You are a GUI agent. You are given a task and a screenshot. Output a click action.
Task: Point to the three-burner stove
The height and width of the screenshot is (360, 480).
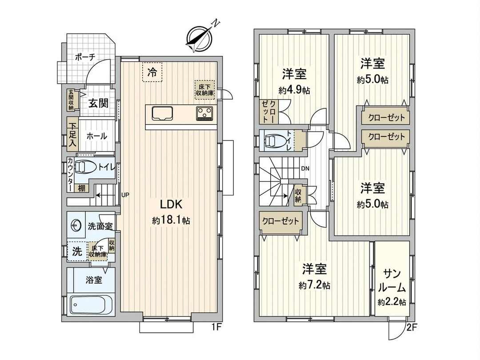pyautogui.click(x=205, y=114)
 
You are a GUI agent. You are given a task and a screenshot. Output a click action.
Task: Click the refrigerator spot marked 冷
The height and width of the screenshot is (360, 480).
pyautogui.click(x=152, y=72)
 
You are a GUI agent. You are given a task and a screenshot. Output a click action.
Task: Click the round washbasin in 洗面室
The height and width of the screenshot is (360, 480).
pyautogui.click(x=76, y=226)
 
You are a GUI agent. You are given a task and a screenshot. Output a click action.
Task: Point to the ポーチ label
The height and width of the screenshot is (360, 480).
pyautogui.click(x=84, y=57)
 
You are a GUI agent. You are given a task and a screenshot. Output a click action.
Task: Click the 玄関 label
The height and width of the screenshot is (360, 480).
pyautogui.click(x=98, y=103)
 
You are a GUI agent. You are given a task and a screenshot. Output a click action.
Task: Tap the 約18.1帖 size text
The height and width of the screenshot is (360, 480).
pyautogui.click(x=171, y=220)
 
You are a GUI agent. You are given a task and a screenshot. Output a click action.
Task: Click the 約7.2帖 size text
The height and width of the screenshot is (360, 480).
pyautogui.click(x=315, y=285)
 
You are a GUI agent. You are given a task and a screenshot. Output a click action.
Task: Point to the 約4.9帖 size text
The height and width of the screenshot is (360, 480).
pyautogui.click(x=294, y=90)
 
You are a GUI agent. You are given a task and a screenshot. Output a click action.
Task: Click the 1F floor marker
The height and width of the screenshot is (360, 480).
pyautogui.click(x=216, y=329)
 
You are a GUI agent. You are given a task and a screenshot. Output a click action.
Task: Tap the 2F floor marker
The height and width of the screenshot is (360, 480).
pyautogui.click(x=412, y=329)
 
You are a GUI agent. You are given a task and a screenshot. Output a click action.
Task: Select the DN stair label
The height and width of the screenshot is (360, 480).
pyautogui.click(x=305, y=168)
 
